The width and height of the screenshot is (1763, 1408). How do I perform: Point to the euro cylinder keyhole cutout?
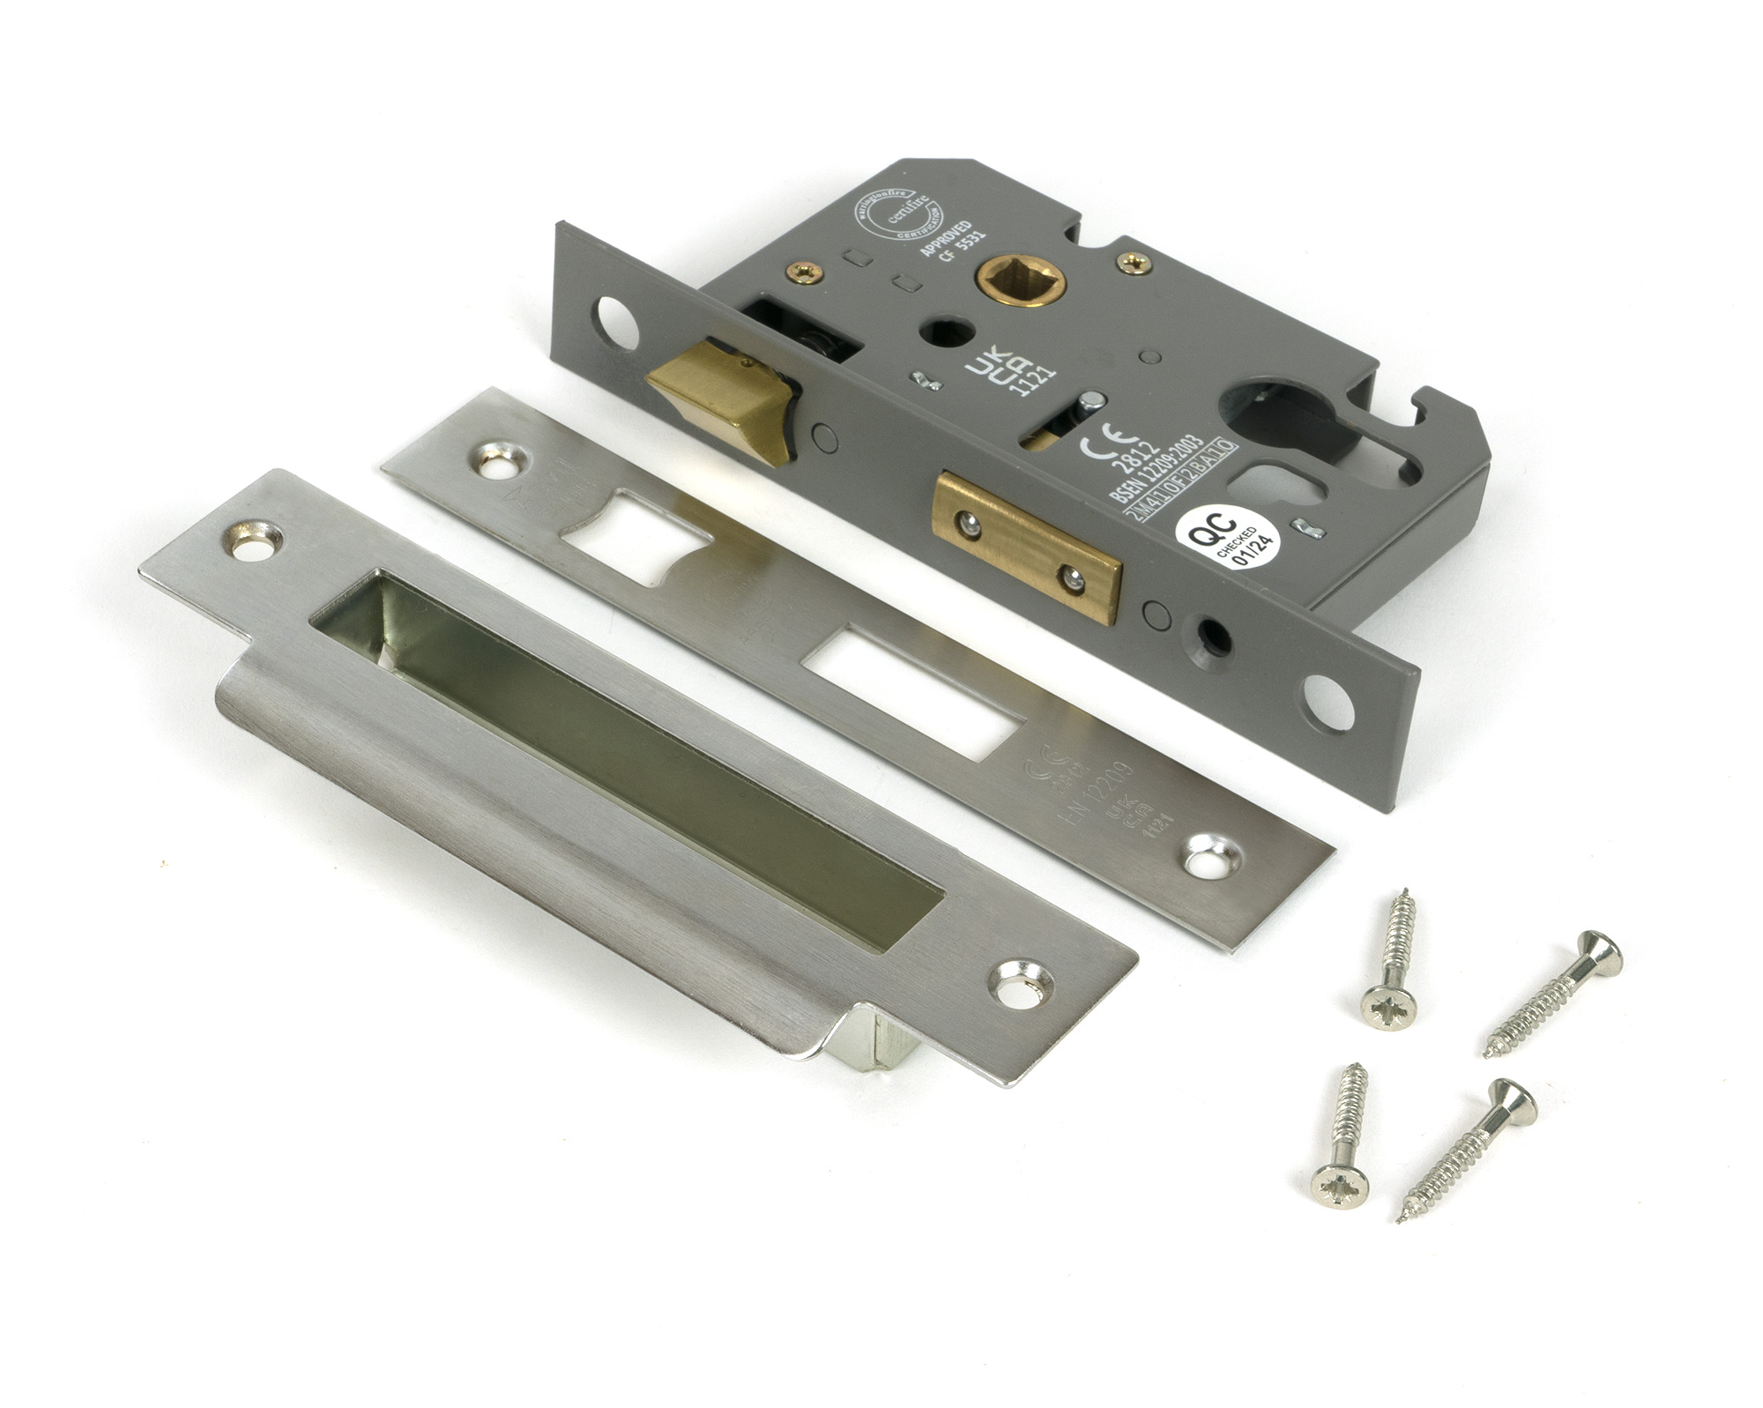pos(1260,432)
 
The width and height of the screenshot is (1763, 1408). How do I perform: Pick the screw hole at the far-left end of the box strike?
pos(249,533)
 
